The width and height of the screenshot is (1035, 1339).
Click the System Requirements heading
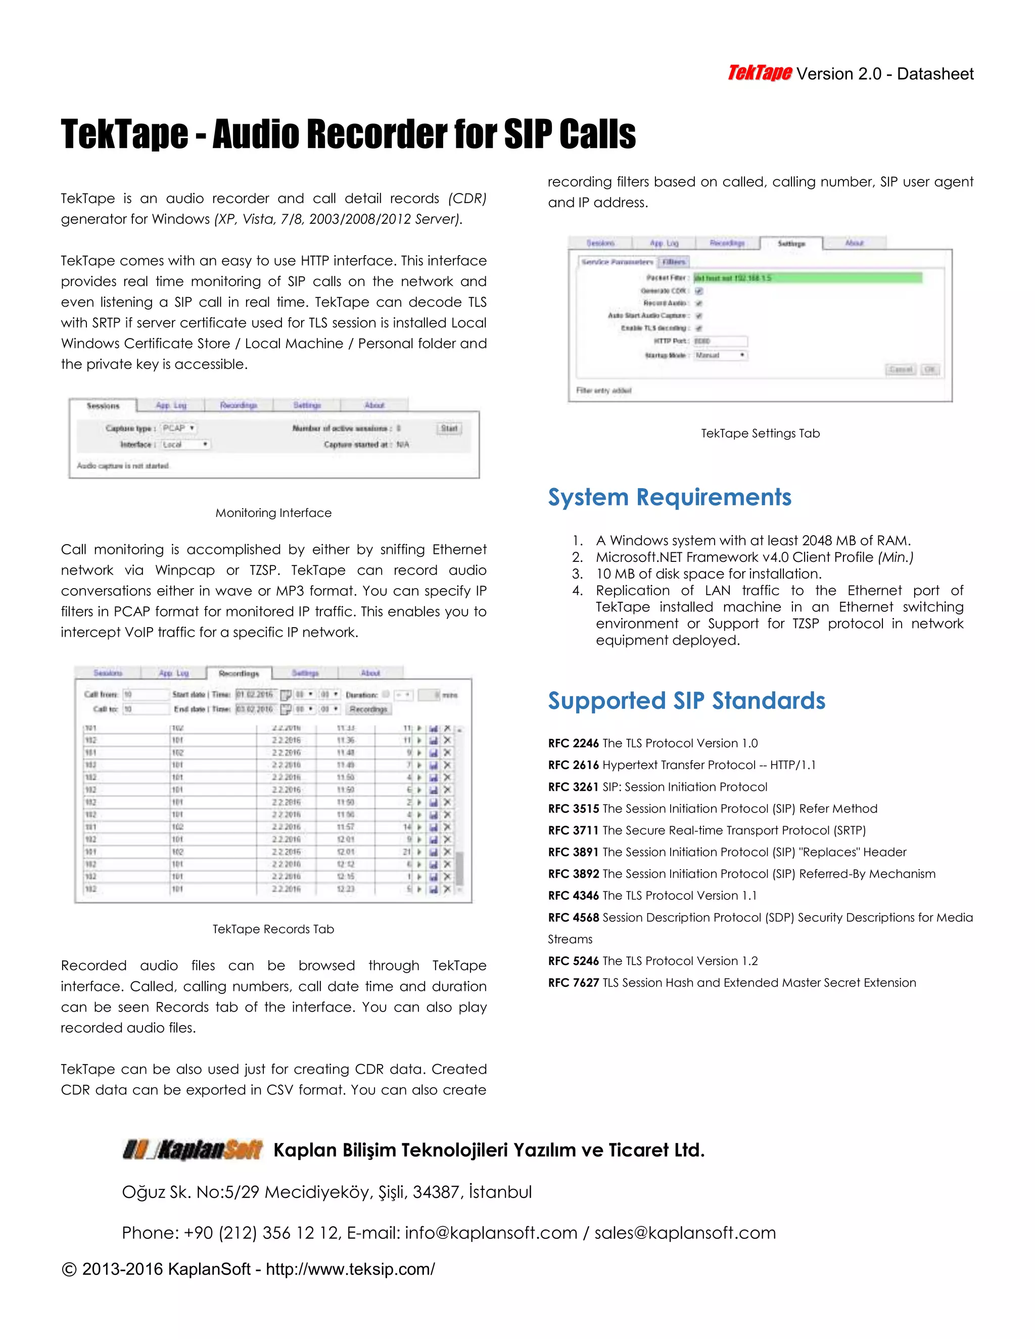tap(669, 497)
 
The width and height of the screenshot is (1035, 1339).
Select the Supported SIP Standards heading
tap(686, 701)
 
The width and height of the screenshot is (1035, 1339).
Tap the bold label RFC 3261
tap(573, 787)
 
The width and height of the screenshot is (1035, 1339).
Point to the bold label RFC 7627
tap(573, 983)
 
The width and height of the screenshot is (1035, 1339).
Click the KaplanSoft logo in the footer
tap(193, 1150)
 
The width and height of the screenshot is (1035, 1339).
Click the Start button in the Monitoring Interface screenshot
tap(449, 428)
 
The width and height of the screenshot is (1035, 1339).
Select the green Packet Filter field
tap(807, 278)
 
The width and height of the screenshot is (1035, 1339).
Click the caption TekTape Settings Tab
tap(760, 434)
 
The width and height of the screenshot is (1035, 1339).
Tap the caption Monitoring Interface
tap(273, 513)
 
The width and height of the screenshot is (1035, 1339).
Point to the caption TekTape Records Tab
tap(273, 929)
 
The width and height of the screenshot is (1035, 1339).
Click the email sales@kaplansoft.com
tap(685, 1233)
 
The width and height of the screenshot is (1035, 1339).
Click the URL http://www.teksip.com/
tap(350, 1269)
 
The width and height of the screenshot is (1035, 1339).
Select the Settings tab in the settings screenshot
tap(791, 244)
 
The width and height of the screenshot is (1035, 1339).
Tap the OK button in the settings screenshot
tap(930, 370)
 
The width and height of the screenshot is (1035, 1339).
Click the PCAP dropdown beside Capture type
tap(178, 428)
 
